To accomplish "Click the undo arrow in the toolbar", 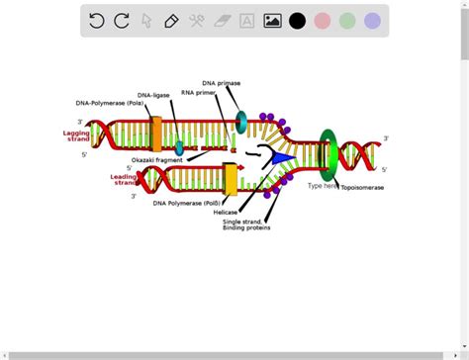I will (97, 21).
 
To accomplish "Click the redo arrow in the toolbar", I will (122, 21).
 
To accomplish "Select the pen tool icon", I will (171, 21).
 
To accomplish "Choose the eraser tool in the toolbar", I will (222, 21).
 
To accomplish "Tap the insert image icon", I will (272, 21).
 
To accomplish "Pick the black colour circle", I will (297, 21).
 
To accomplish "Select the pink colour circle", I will (323, 21).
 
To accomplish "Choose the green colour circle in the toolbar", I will (347, 21).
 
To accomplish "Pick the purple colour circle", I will (372, 21).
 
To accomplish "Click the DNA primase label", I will (221, 83).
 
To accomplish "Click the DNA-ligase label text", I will (153, 95).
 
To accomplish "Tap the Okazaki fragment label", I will (156, 159).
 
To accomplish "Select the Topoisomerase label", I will (363, 187).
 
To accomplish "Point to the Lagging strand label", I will (76, 136).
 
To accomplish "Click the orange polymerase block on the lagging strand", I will (156, 134).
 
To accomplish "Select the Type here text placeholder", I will (323, 185).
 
